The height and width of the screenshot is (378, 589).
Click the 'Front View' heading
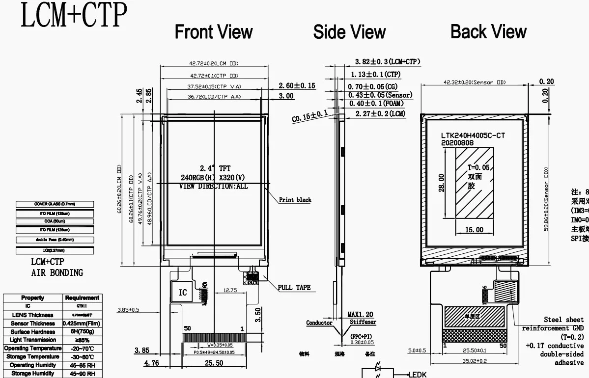(214, 32)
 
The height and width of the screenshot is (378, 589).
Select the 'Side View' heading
(349, 32)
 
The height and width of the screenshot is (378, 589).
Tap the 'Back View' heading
(488, 32)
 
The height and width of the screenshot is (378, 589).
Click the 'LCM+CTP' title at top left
(73, 15)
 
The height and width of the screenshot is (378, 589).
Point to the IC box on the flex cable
(182, 293)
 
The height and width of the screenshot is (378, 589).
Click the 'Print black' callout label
(295, 200)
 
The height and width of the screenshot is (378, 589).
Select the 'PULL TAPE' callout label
(294, 288)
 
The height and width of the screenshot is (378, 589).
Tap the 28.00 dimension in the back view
(442, 183)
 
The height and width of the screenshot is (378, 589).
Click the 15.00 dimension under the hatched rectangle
(474, 230)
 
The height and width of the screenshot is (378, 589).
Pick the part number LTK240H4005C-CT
(473, 135)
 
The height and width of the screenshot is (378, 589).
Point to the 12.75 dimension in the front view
(230, 290)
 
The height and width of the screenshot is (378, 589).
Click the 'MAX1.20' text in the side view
(360, 314)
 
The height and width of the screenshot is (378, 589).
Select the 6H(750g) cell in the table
(82, 332)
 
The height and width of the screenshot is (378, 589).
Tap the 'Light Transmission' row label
(33, 340)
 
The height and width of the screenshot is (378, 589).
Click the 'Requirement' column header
(82, 298)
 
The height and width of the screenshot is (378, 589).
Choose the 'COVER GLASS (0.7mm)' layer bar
(55, 204)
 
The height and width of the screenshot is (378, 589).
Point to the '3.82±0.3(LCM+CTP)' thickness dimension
(388, 62)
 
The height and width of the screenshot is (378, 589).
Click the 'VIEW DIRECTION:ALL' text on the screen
(213, 187)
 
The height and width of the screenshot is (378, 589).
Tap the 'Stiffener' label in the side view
(363, 322)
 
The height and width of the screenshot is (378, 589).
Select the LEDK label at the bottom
(417, 375)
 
